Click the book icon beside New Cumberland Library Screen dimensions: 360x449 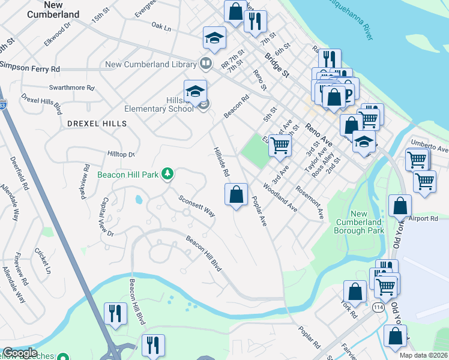point(205,64)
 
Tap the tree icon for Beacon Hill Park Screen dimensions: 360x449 point(169,175)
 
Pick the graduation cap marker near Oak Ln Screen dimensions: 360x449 point(214,38)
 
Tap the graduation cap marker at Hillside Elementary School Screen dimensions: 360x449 point(195,91)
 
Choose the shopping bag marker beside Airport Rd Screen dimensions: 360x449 point(400,206)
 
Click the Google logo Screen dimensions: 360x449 point(19,353)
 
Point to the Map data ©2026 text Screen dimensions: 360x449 point(423,355)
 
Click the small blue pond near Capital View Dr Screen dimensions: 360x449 point(139,199)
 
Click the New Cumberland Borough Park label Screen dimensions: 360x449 point(358,222)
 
